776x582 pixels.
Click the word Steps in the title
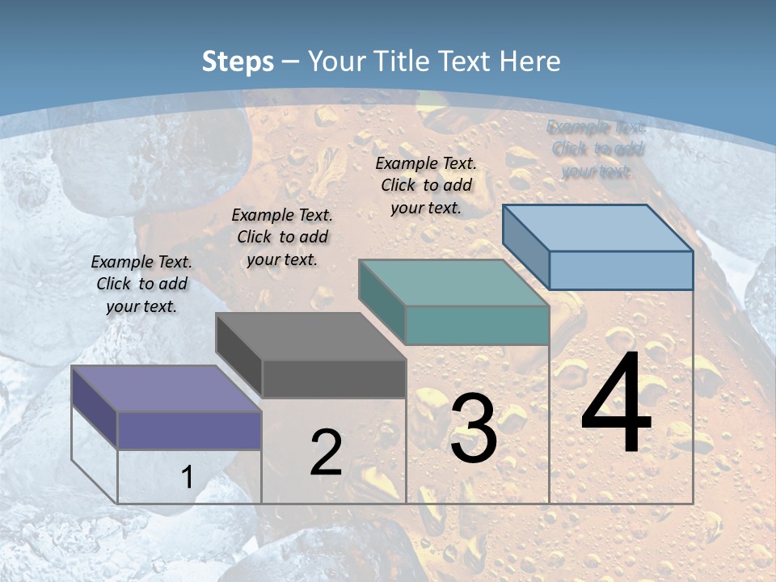238,61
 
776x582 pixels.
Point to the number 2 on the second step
327,453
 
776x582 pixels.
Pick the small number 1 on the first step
187,477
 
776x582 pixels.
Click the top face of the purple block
166,388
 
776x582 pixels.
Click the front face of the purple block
189,430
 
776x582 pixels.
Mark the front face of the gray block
334,378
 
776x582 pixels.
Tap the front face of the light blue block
621,270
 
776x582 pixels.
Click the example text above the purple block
141,285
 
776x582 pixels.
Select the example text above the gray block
282,237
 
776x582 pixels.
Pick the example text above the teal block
426,185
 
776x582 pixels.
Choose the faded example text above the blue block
597,149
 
